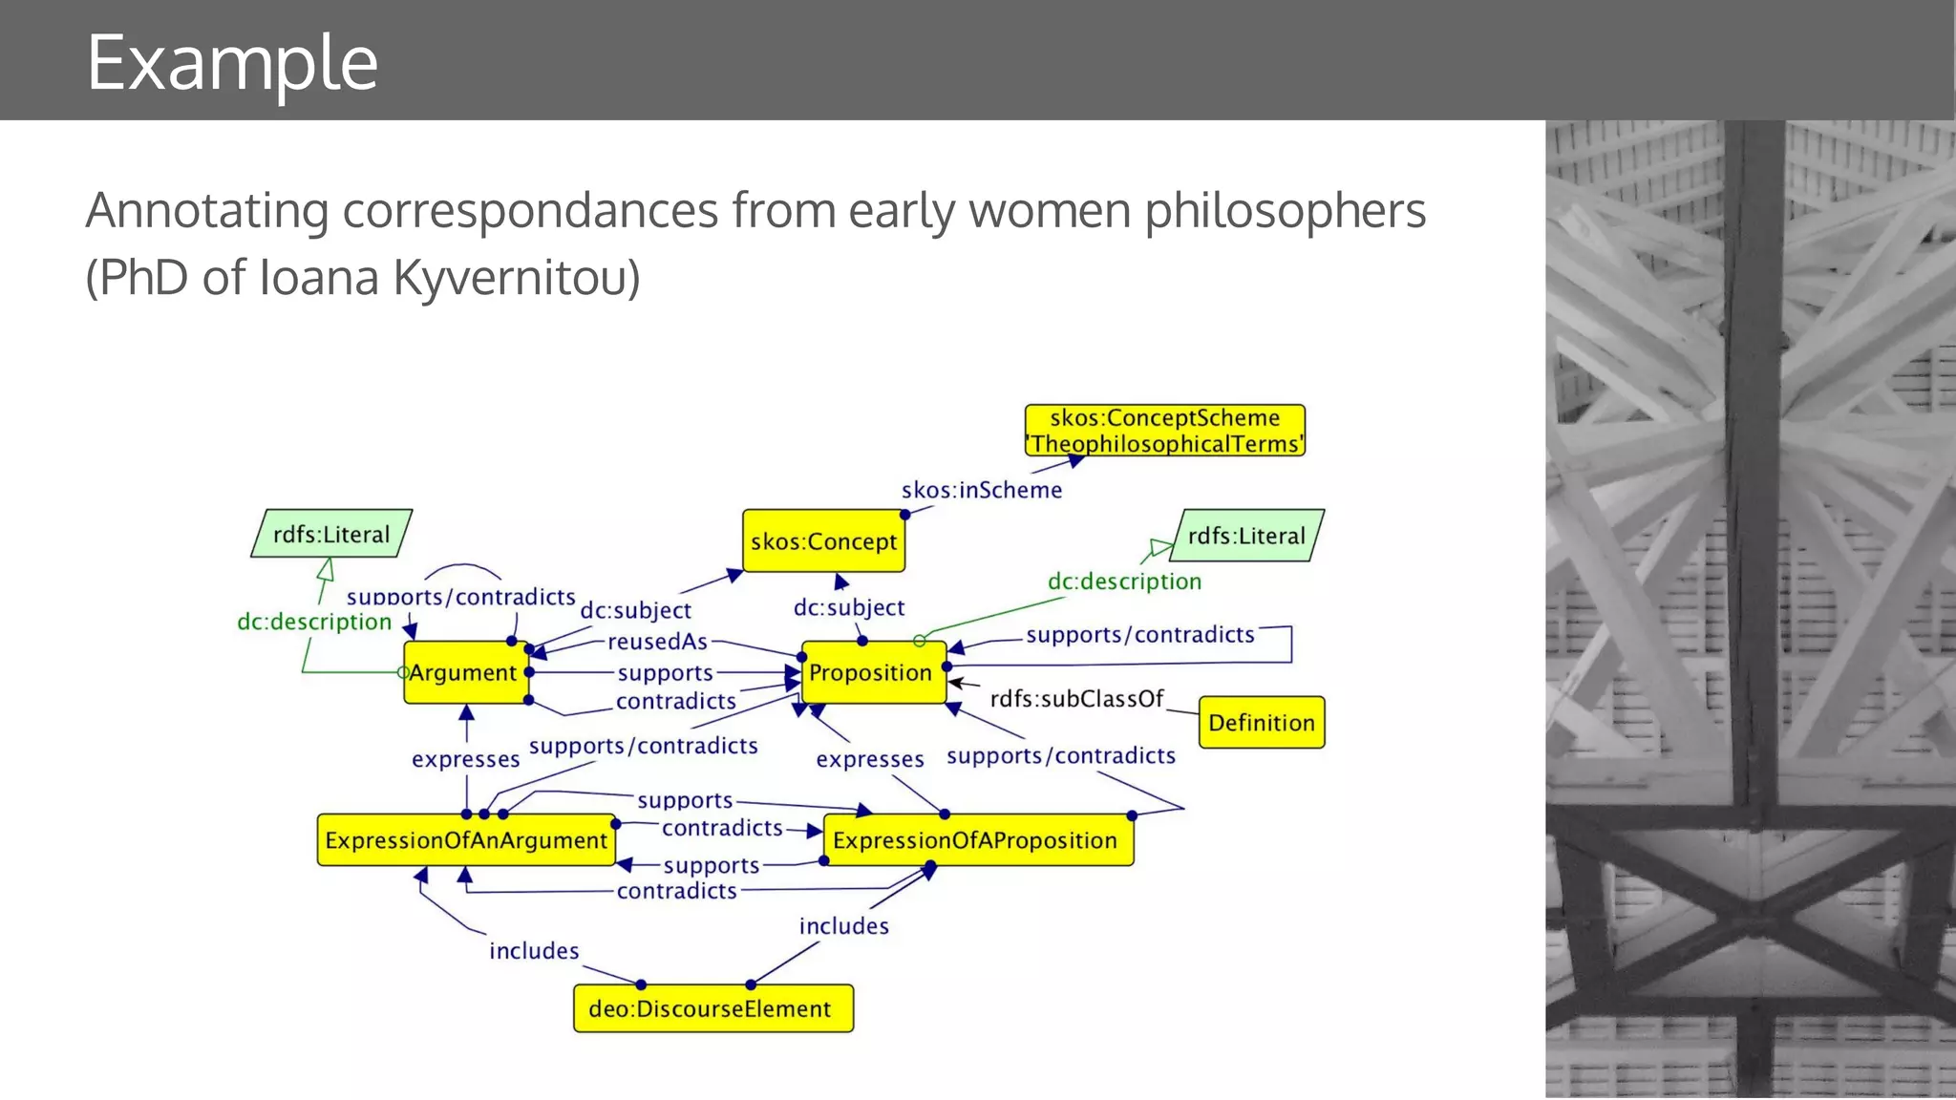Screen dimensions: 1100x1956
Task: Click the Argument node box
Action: click(465, 672)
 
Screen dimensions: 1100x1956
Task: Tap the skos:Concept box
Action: click(823, 541)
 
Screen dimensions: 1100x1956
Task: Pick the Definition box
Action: click(1261, 723)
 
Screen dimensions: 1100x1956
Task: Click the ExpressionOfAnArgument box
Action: click(466, 840)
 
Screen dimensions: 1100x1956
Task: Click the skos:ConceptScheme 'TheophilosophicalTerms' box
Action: click(1164, 431)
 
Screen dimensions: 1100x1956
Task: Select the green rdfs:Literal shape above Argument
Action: click(331, 534)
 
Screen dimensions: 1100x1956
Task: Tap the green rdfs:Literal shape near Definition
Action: click(1246, 536)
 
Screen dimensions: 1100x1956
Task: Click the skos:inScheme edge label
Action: click(981, 490)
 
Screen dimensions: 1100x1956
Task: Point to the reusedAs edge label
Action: click(657, 642)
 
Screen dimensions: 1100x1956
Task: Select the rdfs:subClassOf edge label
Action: click(1076, 699)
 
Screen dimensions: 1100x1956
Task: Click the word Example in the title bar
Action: click(232, 62)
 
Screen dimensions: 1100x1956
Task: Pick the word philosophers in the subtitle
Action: click(1285, 210)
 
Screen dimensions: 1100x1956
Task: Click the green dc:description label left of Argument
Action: click(314, 622)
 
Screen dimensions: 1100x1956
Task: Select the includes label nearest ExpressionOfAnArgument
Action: click(534, 951)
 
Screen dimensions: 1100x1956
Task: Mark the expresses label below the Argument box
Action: click(465, 759)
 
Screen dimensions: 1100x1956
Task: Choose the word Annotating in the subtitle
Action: click(206, 211)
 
